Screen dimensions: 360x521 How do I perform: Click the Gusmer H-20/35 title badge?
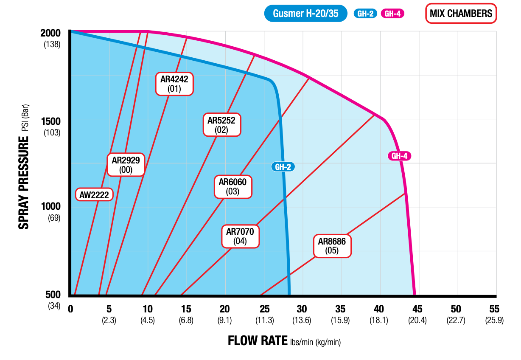click(306, 14)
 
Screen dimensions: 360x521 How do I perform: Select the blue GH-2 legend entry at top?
click(365, 14)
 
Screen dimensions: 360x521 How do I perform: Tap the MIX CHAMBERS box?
click(461, 14)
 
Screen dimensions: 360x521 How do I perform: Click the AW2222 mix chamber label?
click(94, 195)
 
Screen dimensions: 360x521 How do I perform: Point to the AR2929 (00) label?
click(126, 165)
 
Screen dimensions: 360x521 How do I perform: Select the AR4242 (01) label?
click(174, 84)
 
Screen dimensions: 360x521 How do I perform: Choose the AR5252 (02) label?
click(221, 125)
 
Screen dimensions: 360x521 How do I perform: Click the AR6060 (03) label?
click(232, 187)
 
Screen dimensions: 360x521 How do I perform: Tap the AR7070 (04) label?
click(240, 236)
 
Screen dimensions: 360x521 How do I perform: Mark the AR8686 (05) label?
click(332, 246)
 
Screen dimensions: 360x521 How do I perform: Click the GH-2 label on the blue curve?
click(283, 167)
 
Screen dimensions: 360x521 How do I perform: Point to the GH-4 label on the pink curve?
click(400, 156)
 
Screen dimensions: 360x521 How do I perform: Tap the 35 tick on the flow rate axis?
click(340, 309)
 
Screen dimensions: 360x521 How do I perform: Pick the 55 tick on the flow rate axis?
click(494, 309)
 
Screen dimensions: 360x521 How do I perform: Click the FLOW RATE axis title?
click(258, 340)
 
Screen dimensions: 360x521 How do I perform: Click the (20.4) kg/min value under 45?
click(417, 321)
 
